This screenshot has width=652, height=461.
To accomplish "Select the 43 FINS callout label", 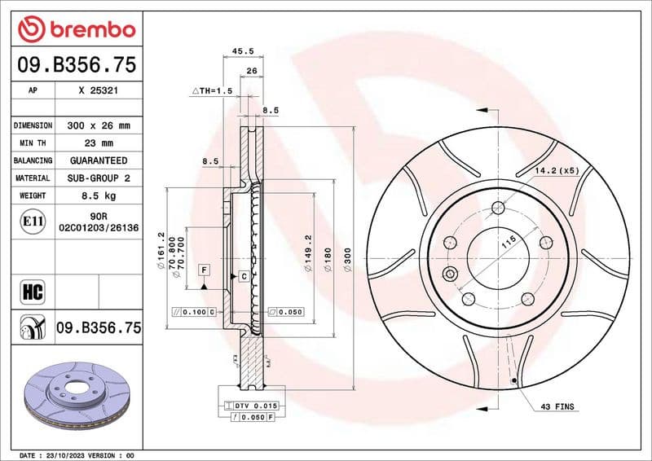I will pos(558,406).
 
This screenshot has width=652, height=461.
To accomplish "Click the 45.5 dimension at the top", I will pos(243,50).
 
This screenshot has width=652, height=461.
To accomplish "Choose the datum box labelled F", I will pos(203,269).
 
